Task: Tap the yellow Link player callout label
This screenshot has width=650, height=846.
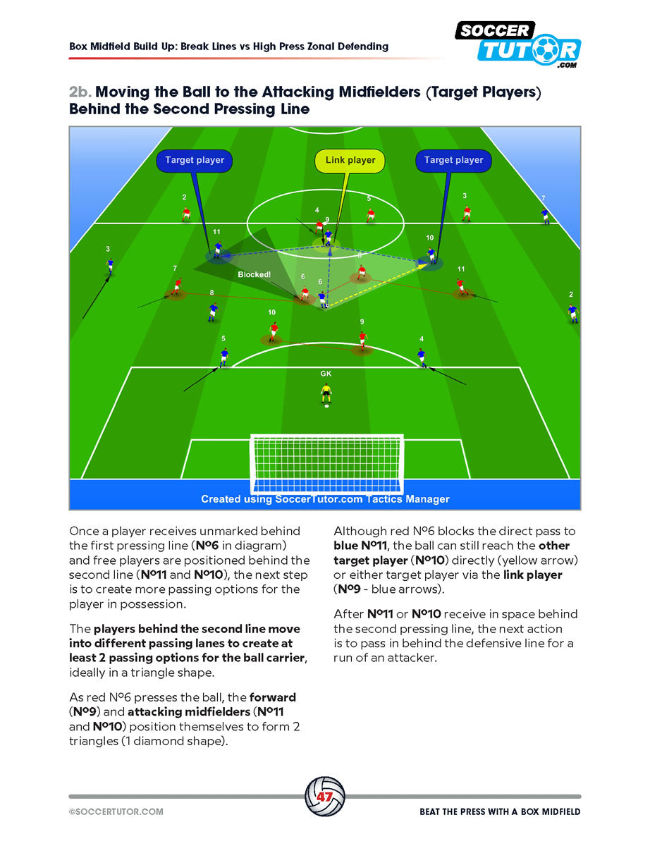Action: pyautogui.click(x=350, y=160)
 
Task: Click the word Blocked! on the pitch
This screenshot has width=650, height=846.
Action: pyautogui.click(x=254, y=274)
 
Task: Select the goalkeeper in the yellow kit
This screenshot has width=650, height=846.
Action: pyautogui.click(x=326, y=393)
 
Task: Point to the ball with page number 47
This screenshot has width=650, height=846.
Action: pyautogui.click(x=324, y=797)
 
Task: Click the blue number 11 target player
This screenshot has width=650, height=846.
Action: pyautogui.click(x=218, y=247)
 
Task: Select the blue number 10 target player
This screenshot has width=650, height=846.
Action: pyautogui.click(x=431, y=255)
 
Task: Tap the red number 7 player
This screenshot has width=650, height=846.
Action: pyautogui.click(x=176, y=285)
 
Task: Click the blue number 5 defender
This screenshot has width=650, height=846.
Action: pyautogui.click(x=223, y=357)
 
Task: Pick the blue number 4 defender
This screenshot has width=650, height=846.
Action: pyautogui.click(x=422, y=357)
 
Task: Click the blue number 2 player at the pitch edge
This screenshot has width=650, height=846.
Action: pyautogui.click(x=572, y=312)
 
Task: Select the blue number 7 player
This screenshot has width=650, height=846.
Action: pyautogui.click(x=544, y=215)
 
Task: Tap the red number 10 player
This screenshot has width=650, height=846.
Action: pyautogui.click(x=273, y=331)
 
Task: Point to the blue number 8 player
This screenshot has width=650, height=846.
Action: pyautogui.click(x=212, y=311)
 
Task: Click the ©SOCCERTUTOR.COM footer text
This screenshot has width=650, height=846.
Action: pyautogui.click(x=116, y=811)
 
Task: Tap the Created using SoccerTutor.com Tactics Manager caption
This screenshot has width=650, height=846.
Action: pyautogui.click(x=325, y=499)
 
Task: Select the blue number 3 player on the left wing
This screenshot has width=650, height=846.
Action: pyautogui.click(x=109, y=266)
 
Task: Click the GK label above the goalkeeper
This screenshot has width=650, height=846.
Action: pyautogui.click(x=326, y=374)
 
